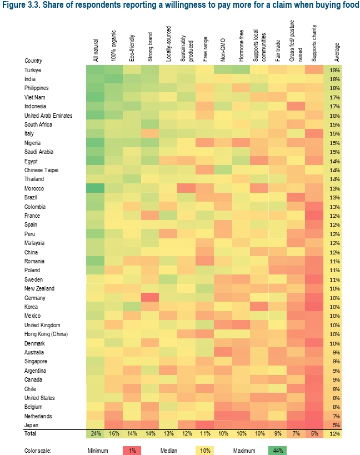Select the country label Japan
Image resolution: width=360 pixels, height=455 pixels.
pyautogui.click(x=32, y=425)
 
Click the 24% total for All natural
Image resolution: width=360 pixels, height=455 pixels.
pyautogui.click(x=95, y=434)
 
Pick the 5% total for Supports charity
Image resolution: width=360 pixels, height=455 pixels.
pyautogui.click(x=315, y=434)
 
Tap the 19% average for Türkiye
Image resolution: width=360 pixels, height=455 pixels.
pyautogui.click(x=335, y=70)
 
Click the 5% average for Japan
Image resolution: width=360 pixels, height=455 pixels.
pyautogui.click(x=335, y=425)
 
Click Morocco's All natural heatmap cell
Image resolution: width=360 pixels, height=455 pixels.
pyautogui.click(x=95, y=188)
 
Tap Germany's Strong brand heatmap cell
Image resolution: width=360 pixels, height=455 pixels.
pyautogui.click(x=149, y=298)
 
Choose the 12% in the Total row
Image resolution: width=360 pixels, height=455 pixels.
pyautogui.click(x=335, y=434)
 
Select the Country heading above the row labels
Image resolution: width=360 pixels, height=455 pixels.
pyautogui.click(x=34, y=61)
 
